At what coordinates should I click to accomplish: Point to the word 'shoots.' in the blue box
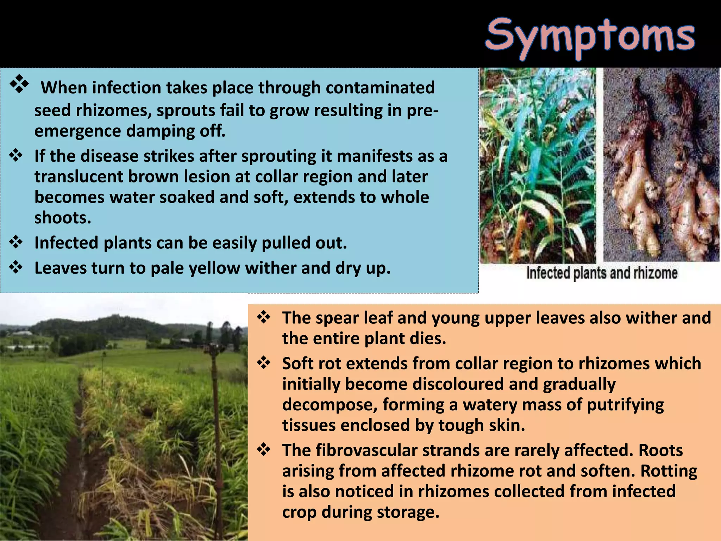[x=63, y=218]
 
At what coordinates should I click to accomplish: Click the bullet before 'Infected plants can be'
[x=16, y=242]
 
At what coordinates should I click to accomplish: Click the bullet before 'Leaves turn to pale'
[x=16, y=268]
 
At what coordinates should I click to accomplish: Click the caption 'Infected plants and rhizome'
[x=602, y=273]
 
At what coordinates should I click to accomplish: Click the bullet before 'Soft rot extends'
[x=264, y=363]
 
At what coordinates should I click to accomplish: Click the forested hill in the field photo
[x=106, y=326]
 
